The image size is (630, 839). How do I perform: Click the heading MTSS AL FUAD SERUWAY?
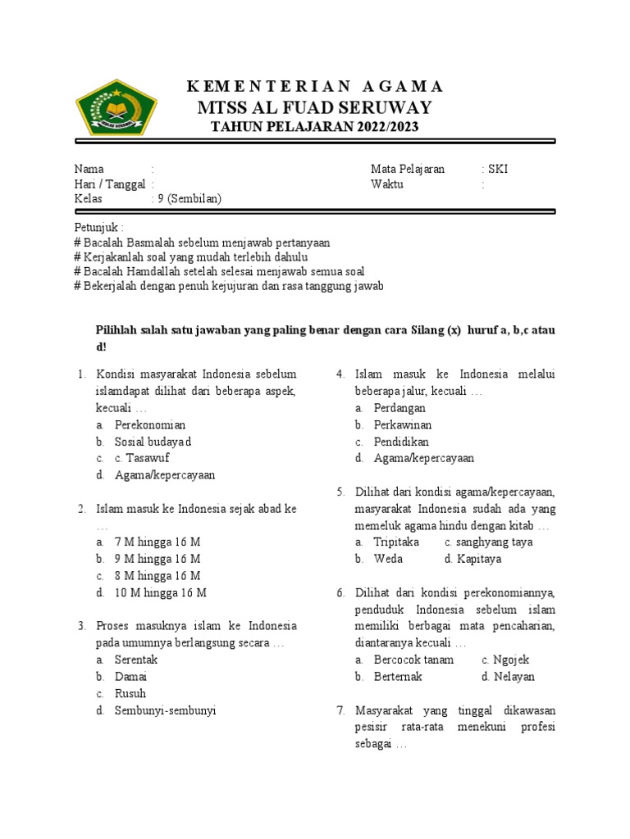314,108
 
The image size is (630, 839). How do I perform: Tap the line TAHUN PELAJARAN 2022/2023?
314,127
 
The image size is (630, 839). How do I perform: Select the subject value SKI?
498,169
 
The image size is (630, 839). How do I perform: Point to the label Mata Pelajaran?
408,169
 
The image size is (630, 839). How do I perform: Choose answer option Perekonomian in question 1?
150,424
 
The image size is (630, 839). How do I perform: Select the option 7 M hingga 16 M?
157,542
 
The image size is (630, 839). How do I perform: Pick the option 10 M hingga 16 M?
160,592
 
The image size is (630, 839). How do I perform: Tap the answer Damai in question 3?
131,677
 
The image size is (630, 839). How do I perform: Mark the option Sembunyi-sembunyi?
165,710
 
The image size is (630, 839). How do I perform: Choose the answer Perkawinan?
403,424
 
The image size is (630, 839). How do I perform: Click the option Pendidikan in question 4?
400,442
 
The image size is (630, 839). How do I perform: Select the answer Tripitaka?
396,542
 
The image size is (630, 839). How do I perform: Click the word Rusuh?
130,693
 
